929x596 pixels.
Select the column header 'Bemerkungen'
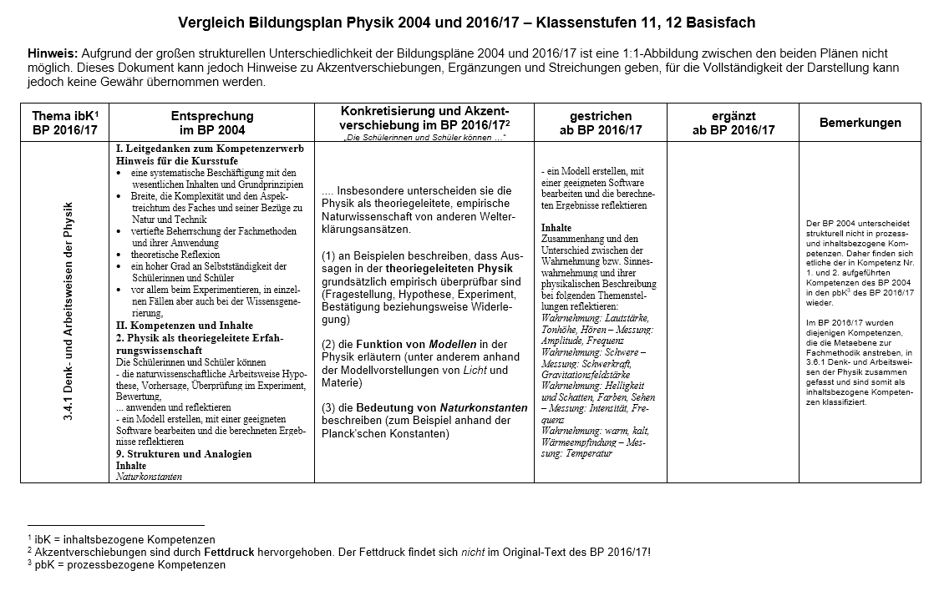(860, 123)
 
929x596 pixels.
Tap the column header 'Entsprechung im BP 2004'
(212, 123)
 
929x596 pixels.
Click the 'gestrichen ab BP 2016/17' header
(600, 123)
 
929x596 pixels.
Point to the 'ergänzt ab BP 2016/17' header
(733, 123)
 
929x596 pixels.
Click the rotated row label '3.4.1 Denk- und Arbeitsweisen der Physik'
(69, 311)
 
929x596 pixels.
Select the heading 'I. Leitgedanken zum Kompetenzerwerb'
(209, 148)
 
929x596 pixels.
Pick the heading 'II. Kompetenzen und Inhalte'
(184, 326)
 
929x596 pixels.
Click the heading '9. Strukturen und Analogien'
(183, 454)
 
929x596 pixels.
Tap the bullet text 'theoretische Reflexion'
(175, 255)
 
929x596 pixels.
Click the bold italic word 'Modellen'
(453, 344)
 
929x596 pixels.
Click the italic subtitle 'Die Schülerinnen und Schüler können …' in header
(424, 136)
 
